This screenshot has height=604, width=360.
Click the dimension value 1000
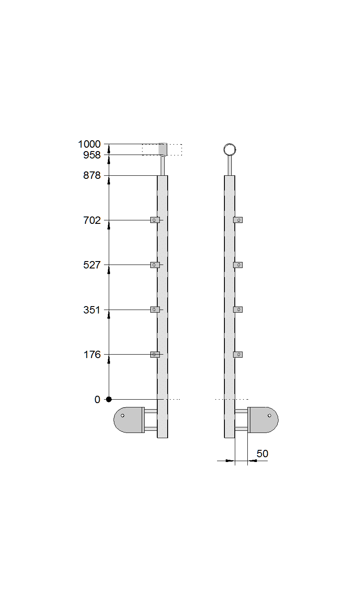point(89,144)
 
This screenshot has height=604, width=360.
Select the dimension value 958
point(92,155)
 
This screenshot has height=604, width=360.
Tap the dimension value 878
point(92,175)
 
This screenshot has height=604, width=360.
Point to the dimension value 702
point(92,220)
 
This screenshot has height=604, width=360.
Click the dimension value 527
point(92,265)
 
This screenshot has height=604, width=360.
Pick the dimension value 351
point(92,310)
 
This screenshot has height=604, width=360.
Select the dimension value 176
point(92,355)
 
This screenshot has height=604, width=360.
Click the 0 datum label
point(97,400)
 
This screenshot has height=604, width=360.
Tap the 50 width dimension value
point(262,454)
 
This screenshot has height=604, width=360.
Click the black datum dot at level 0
point(109,399)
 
